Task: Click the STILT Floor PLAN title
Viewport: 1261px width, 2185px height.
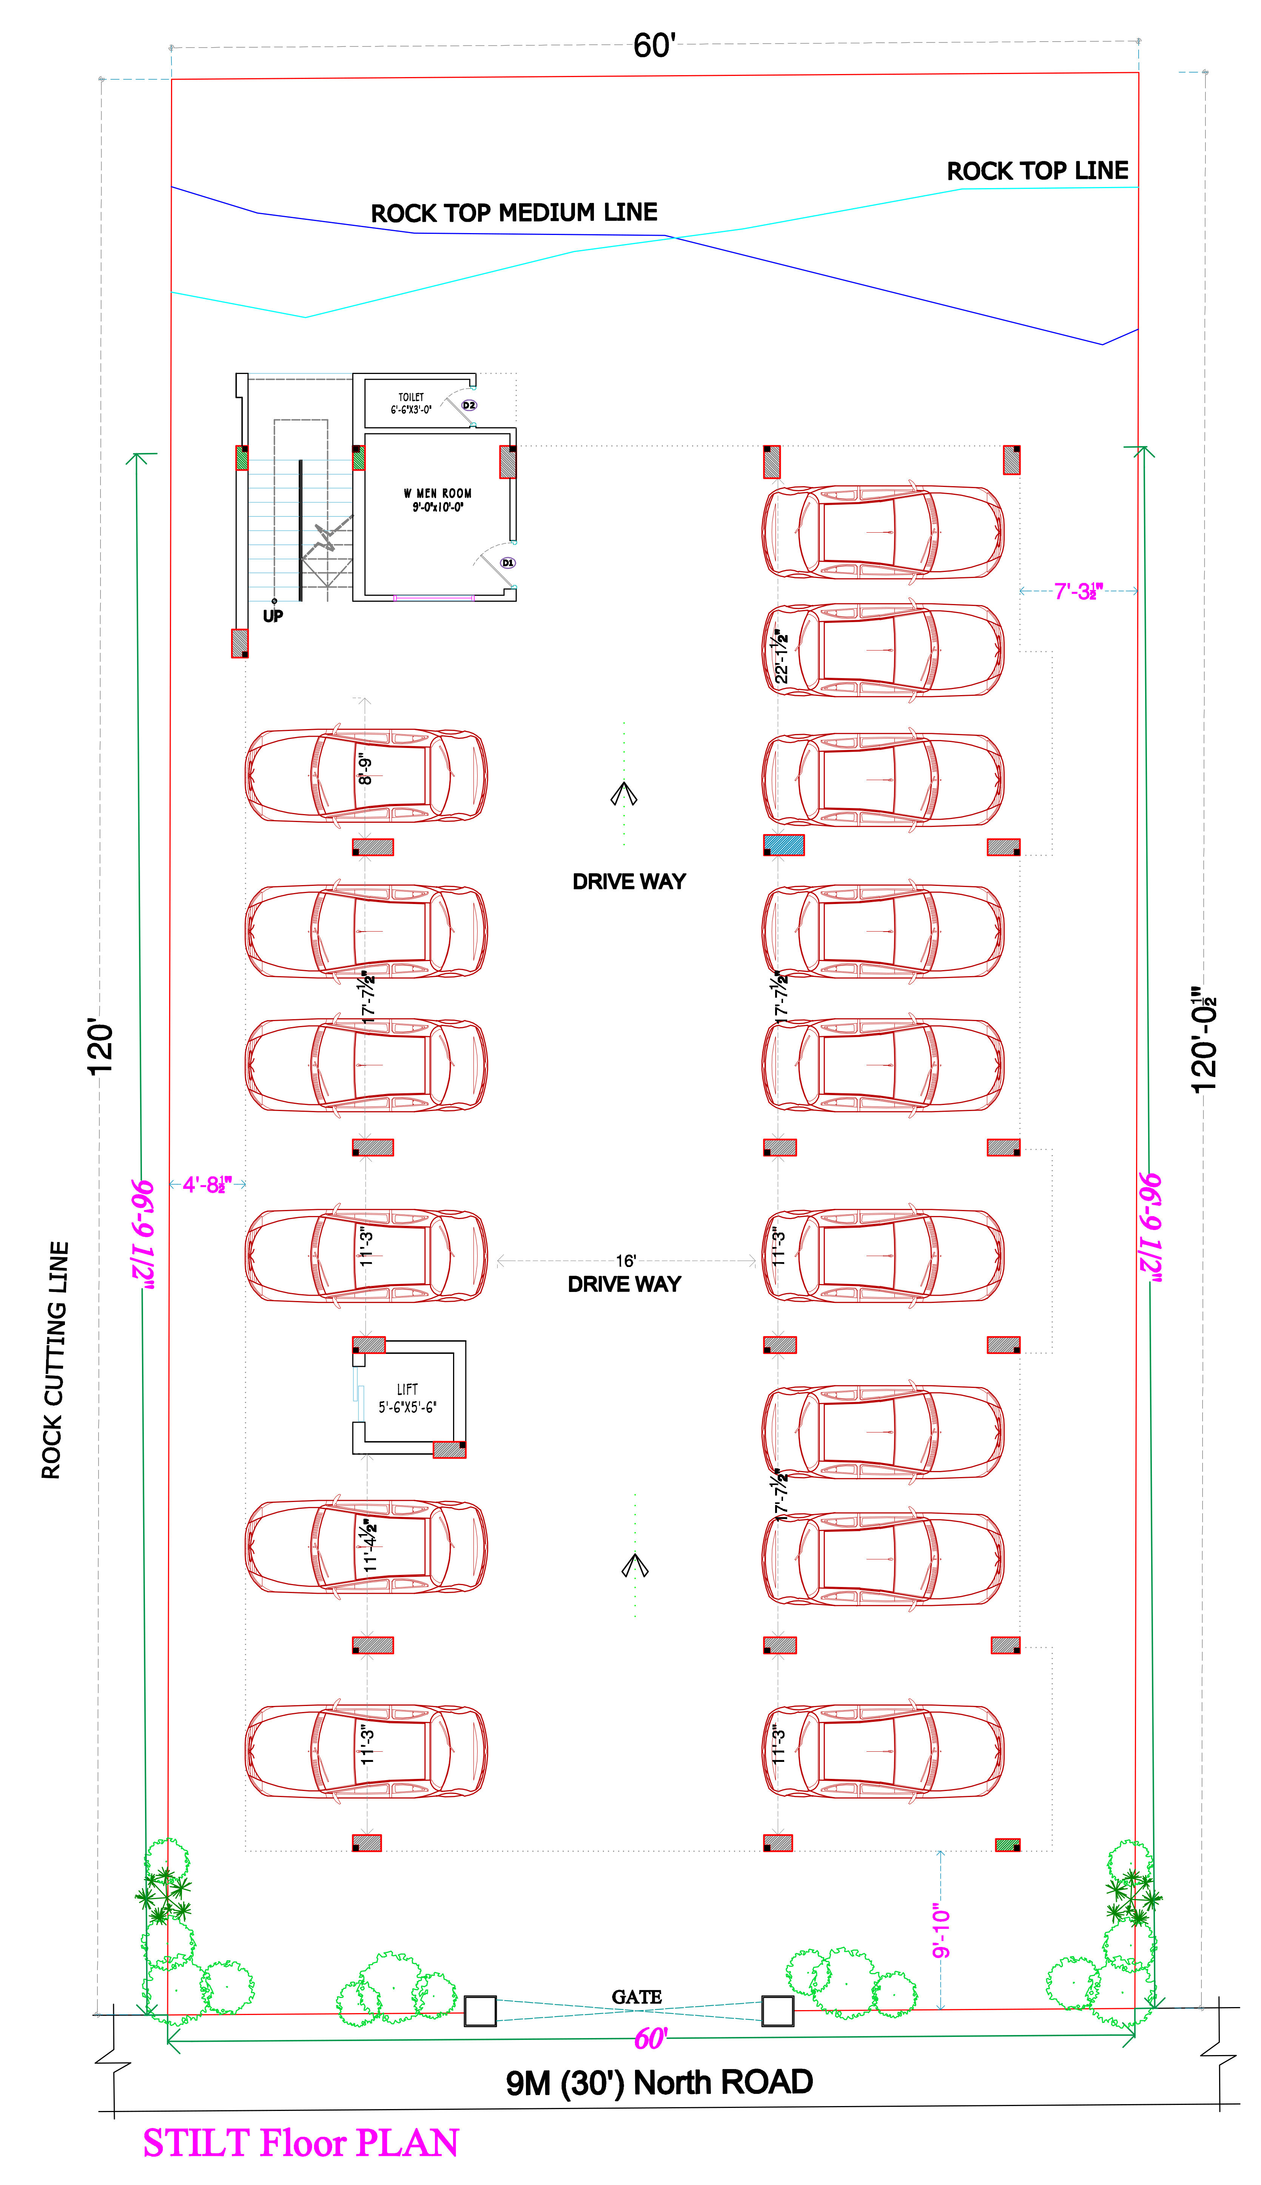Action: click(x=301, y=2143)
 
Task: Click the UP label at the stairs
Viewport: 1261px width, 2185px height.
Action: click(x=273, y=616)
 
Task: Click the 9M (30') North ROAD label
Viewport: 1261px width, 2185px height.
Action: click(x=659, y=2082)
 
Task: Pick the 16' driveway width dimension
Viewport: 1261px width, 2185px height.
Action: click(x=625, y=1261)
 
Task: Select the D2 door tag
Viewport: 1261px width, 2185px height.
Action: click(x=469, y=405)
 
